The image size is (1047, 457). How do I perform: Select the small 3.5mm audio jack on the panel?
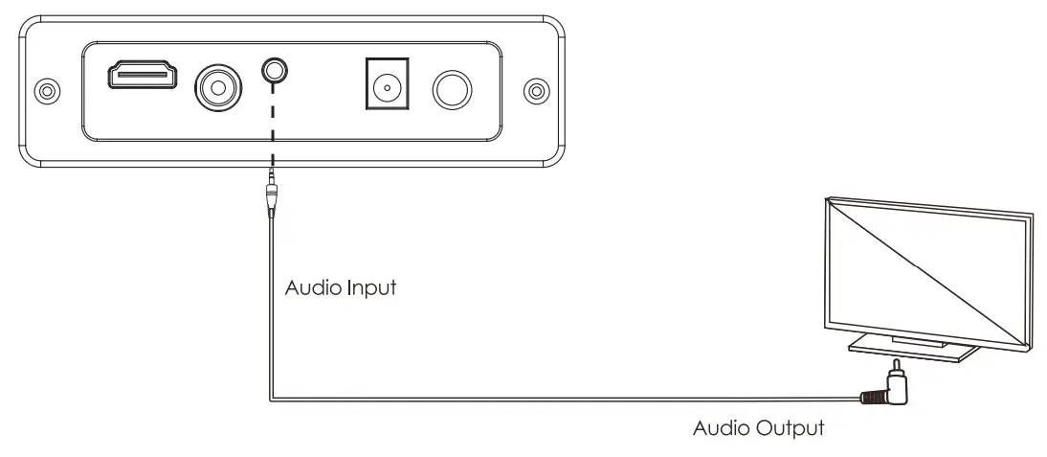pyautogui.click(x=276, y=70)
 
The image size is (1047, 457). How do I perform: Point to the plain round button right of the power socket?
pyautogui.click(x=451, y=90)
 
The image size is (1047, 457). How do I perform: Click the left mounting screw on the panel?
pyautogui.click(x=44, y=91)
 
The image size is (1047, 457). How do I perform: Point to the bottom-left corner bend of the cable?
pyautogui.click(x=273, y=399)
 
